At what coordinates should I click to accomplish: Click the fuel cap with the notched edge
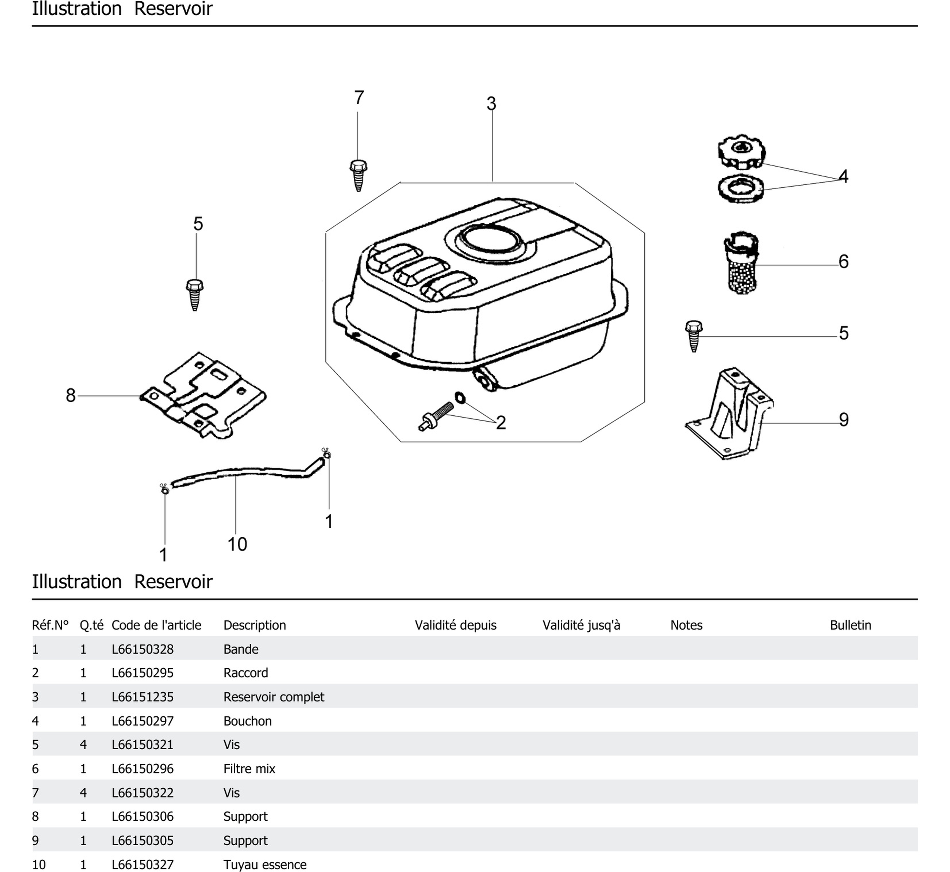(x=741, y=153)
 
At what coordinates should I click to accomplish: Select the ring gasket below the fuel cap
(x=740, y=188)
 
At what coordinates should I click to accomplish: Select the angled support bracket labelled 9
(x=730, y=415)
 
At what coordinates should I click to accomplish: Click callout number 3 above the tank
(x=492, y=104)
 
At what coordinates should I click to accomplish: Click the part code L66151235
(x=143, y=697)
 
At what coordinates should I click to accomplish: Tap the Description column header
(x=255, y=625)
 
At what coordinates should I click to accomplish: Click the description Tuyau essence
(x=265, y=865)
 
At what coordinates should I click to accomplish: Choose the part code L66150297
(x=143, y=721)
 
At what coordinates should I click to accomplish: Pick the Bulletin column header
(x=850, y=625)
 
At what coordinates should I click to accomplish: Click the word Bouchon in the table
(x=247, y=721)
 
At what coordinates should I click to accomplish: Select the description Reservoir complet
(x=274, y=697)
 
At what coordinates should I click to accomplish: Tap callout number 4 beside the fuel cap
(x=843, y=176)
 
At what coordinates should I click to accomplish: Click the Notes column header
(x=686, y=625)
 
